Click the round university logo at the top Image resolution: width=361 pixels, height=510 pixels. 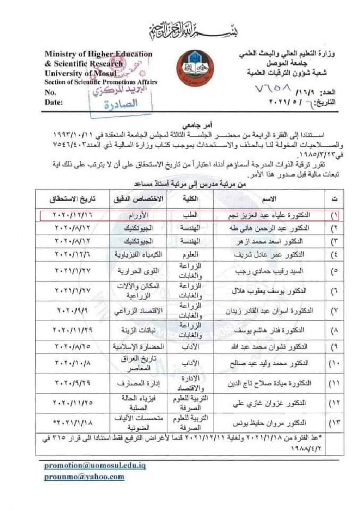point(195,68)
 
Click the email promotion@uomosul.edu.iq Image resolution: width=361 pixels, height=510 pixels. point(95,465)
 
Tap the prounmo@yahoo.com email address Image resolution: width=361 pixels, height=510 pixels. point(84,477)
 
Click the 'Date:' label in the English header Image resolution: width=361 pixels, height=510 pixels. point(54,102)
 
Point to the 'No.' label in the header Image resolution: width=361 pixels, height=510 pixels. point(50,92)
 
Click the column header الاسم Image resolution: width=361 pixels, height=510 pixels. point(269,199)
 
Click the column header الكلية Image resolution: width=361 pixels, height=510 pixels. point(190,199)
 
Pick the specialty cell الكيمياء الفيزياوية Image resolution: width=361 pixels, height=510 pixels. point(138,254)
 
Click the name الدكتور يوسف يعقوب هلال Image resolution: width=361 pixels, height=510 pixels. point(269,291)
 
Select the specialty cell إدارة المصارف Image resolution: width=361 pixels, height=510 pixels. point(138,383)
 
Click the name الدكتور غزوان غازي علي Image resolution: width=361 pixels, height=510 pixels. point(269,403)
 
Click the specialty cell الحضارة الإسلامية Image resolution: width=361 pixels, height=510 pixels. point(138,347)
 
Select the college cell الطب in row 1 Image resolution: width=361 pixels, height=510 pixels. point(190,215)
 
